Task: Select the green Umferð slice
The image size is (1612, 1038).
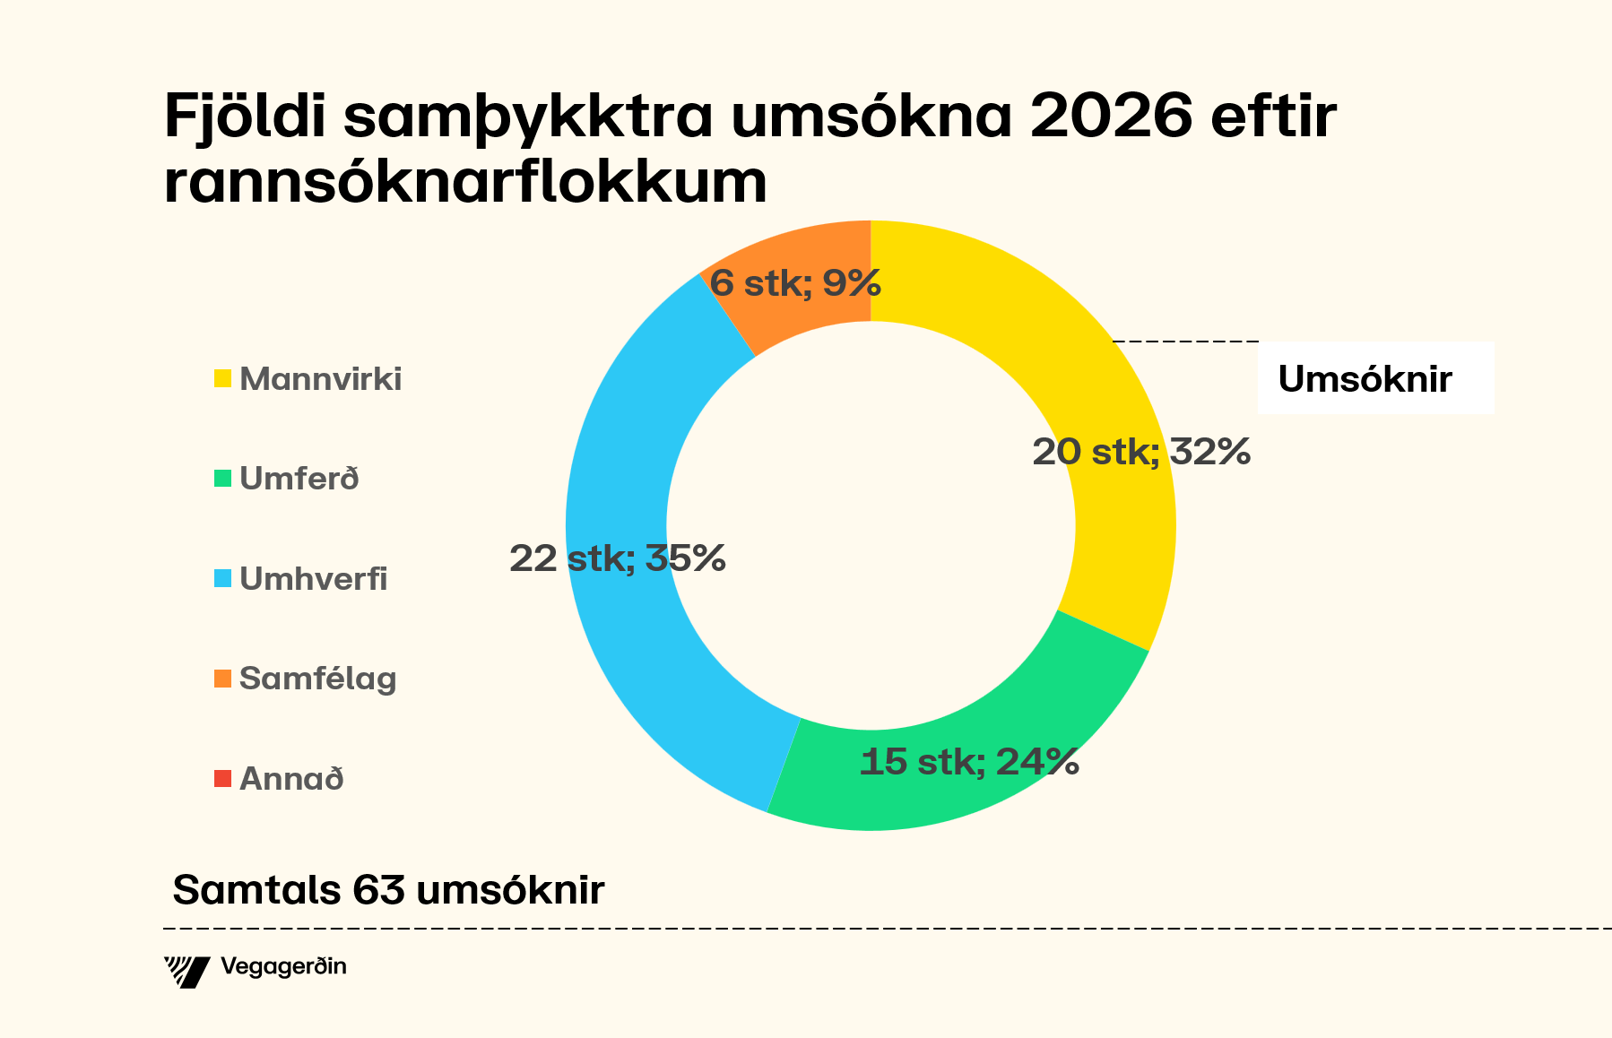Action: click(x=968, y=789)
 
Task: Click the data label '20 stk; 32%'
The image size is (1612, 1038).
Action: click(x=1140, y=452)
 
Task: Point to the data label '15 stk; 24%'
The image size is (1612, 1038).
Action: click(x=968, y=762)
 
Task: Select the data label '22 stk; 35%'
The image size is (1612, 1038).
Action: click(x=617, y=558)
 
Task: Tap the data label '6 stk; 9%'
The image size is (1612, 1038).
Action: click(x=795, y=284)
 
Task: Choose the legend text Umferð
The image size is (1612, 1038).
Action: click(x=299, y=479)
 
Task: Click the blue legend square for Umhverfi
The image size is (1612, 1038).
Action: click(x=222, y=578)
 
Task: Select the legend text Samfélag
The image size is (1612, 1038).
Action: click(x=317, y=679)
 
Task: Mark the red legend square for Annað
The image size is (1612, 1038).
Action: click(x=222, y=778)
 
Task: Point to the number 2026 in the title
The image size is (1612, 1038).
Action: click(x=1111, y=117)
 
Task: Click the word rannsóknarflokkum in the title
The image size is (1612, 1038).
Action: click(x=465, y=183)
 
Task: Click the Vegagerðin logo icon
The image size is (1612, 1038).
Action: click(x=186, y=972)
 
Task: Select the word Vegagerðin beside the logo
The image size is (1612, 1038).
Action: click(x=283, y=967)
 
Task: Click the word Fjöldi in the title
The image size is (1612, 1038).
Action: click(x=244, y=117)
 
